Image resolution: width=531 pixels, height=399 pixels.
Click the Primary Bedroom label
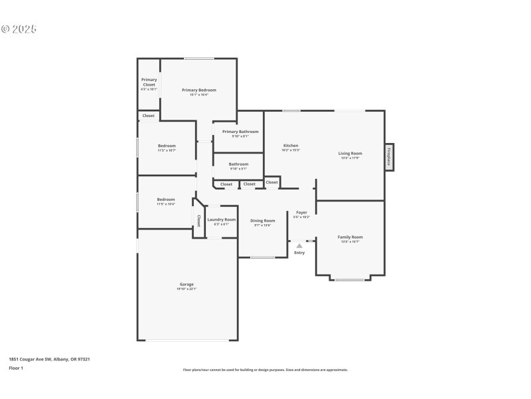(199, 90)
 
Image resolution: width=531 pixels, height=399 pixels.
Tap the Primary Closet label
(149, 80)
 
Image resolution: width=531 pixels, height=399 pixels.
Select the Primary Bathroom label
(240, 132)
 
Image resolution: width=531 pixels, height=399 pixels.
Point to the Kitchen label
(291, 146)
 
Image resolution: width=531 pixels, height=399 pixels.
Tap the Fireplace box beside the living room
(389, 157)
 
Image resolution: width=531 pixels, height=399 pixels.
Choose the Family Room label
(350, 237)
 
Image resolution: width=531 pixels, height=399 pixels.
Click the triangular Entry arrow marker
(299, 245)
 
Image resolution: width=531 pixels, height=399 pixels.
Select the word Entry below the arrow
(299, 253)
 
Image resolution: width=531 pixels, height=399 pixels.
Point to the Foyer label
(301, 213)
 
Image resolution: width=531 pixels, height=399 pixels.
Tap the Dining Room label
(262, 221)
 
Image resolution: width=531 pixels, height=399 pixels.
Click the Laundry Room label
(221, 219)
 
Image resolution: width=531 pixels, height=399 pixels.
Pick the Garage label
(186, 284)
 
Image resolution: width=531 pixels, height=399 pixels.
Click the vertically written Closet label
(198, 219)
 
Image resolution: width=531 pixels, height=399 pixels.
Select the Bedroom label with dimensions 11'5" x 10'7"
(167, 146)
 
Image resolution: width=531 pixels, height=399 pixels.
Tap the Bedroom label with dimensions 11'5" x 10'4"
(166, 199)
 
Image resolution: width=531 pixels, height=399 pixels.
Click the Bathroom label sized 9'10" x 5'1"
(238, 164)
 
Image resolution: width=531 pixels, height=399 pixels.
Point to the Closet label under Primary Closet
(148, 116)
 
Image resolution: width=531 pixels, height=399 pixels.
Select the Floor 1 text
(16, 368)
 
